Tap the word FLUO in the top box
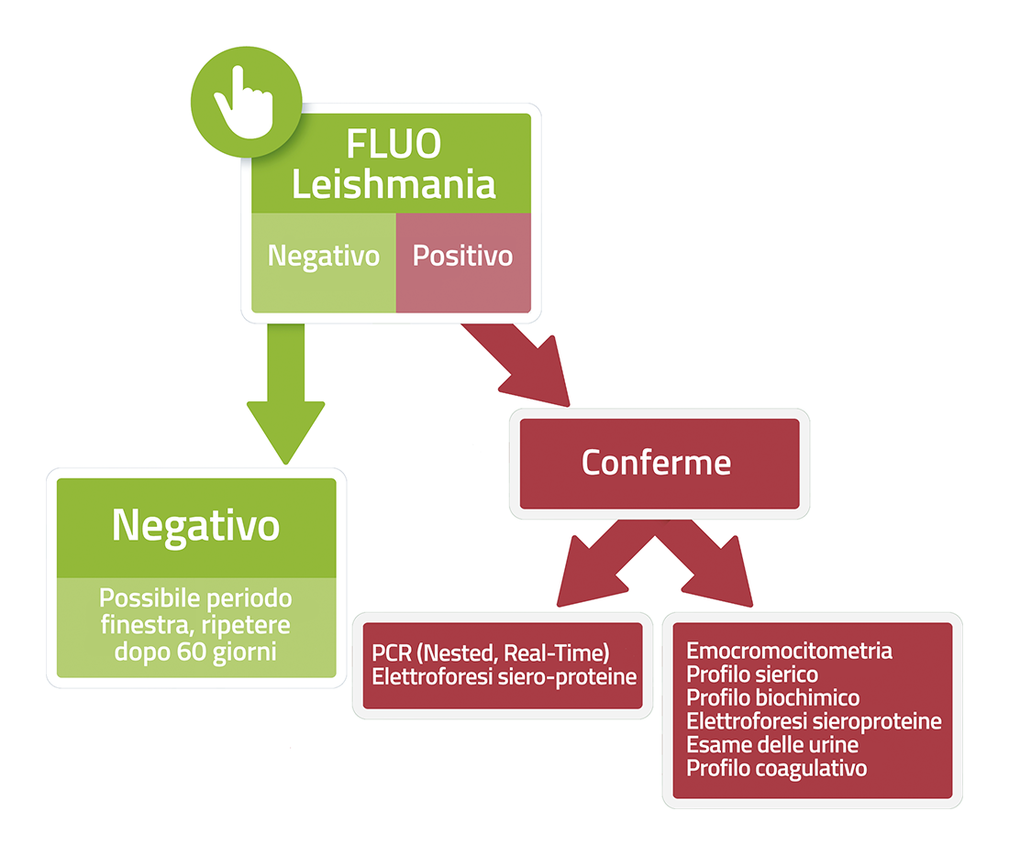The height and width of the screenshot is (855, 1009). (394, 143)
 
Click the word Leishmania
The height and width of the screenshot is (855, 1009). (394, 184)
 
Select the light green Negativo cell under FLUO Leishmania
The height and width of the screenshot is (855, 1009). (324, 262)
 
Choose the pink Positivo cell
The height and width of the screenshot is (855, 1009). (463, 262)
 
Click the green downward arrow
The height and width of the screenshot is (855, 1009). (285, 393)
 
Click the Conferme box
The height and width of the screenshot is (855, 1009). (660, 464)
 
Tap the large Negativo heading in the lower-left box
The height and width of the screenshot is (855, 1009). (195, 526)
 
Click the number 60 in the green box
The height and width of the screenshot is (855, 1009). (191, 652)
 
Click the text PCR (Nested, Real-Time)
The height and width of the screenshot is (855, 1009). (491, 653)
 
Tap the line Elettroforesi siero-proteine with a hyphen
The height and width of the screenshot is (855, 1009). (504, 677)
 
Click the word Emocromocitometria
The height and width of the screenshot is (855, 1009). (789, 651)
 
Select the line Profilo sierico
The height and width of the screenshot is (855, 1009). (752, 674)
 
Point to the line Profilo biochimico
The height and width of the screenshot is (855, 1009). (773, 697)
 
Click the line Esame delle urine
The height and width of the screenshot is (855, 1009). (772, 744)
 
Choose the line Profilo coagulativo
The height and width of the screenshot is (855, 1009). (777, 768)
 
